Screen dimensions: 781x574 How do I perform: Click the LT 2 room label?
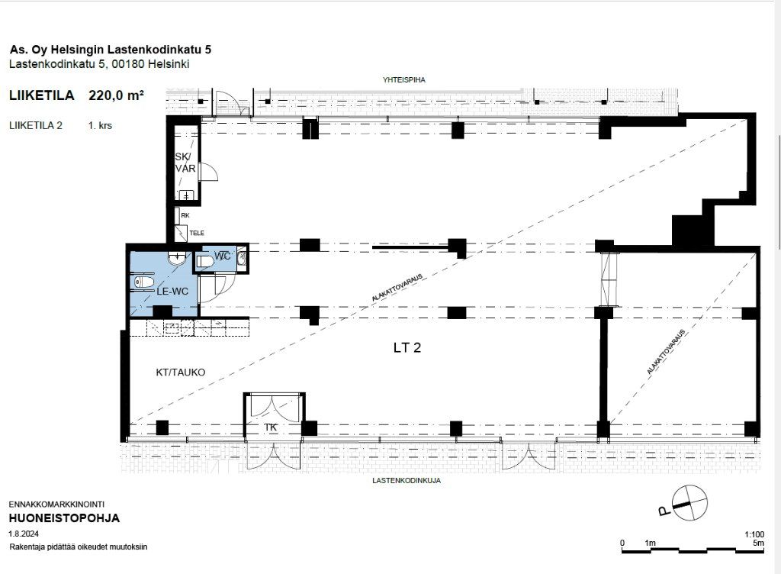407,347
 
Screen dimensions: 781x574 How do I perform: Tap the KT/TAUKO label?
180,372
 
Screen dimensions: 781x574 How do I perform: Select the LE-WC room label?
172,292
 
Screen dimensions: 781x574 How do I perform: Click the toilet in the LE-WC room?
143,282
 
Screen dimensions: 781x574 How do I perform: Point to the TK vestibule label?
271,427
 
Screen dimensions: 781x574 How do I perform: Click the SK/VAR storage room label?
185,163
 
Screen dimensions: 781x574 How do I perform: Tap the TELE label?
197,233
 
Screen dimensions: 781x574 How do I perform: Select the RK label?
185,216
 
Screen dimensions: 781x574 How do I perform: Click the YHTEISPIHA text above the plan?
404,79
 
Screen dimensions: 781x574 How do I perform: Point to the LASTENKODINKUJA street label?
407,481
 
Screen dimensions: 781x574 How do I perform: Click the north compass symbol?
689,503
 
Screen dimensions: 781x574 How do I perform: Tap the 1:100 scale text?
754,534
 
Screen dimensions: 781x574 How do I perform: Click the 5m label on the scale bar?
759,543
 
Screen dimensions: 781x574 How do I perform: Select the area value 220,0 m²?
117,95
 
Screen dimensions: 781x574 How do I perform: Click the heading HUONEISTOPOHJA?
64,518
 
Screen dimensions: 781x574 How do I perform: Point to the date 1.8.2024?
24,534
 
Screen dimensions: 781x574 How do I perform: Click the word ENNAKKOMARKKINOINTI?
56,505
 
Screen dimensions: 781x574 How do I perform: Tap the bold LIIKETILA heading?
42,95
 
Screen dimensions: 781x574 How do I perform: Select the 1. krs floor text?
100,125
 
